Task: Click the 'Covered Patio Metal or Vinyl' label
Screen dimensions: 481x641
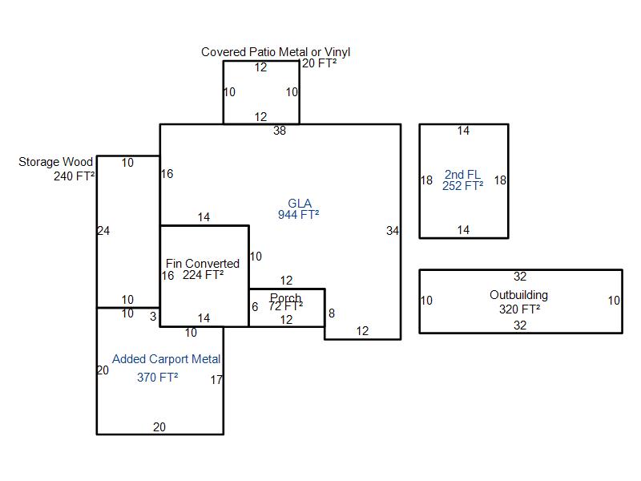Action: [276, 52]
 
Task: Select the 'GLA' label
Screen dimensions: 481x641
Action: [299, 203]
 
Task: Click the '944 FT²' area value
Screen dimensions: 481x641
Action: [299, 215]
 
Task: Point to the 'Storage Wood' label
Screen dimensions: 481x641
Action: [55, 162]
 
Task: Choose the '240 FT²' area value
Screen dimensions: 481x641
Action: [75, 176]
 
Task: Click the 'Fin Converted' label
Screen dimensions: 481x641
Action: [203, 263]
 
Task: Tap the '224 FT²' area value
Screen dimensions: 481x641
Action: [204, 275]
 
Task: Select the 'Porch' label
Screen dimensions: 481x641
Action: [285, 298]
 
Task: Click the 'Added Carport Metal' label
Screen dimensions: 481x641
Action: [167, 359]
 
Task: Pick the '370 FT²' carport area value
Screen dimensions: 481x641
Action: [158, 377]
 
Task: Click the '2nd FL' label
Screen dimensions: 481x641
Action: [462, 175]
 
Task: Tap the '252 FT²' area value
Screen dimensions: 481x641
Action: [462, 186]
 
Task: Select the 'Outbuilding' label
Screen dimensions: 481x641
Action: [518, 295]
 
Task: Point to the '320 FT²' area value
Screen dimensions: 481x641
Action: [519, 309]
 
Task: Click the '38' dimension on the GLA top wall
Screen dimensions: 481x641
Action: [280, 131]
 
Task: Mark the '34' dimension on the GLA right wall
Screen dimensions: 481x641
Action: [392, 231]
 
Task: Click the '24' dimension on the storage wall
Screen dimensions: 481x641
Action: [103, 231]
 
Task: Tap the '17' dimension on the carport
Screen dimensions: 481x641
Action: [216, 380]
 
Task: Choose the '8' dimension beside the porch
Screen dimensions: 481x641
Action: [331, 313]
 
